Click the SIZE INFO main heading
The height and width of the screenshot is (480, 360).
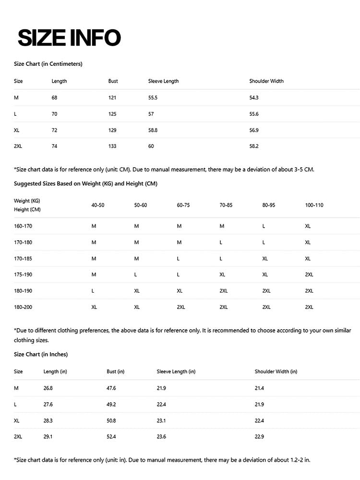click(69, 38)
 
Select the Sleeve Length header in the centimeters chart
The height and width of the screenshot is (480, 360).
click(163, 81)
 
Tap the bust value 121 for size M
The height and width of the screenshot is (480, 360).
click(112, 98)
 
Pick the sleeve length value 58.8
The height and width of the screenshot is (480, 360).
click(153, 130)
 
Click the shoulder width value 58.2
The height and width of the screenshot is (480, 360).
click(254, 146)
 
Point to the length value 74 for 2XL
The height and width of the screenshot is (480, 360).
click(54, 146)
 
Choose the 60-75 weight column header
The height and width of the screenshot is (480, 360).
click(183, 205)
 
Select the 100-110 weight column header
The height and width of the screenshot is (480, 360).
click(314, 205)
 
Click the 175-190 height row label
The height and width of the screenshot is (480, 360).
click(23, 275)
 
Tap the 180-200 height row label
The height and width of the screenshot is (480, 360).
click(23, 307)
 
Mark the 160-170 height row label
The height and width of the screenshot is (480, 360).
click(23, 226)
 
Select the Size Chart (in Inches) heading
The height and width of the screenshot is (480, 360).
click(41, 355)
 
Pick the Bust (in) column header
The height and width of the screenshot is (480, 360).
click(115, 371)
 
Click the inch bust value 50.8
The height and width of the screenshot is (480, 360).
click(111, 420)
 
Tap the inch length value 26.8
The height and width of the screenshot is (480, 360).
click(48, 388)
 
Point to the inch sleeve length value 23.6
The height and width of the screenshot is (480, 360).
click(161, 437)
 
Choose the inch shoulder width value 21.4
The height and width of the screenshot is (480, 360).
click(259, 388)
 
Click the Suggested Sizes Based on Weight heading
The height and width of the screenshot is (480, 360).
click(85, 184)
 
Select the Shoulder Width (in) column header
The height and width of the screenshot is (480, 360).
click(276, 371)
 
